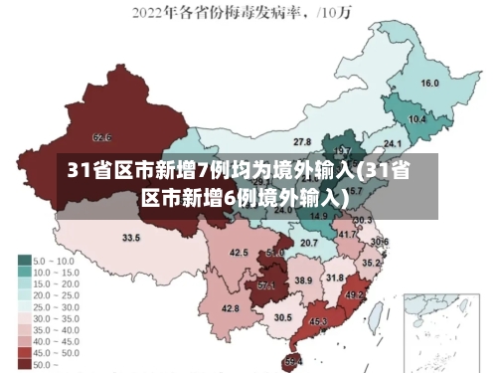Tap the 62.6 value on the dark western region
pyautogui.click(x=101, y=136)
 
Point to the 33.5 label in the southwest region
pyautogui.click(x=131, y=238)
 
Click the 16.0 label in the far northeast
pyautogui.click(x=430, y=84)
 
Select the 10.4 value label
pyautogui.click(x=417, y=119)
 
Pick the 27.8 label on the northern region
pyautogui.click(x=302, y=142)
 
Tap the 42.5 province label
pyautogui.click(x=239, y=253)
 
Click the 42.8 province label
pyautogui.click(x=230, y=309)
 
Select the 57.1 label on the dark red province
pyautogui.click(x=266, y=285)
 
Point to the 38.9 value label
pyautogui.click(x=303, y=281)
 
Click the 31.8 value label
pyautogui.click(x=335, y=278)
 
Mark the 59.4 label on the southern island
pyautogui.click(x=292, y=360)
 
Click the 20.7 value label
pyautogui.click(x=309, y=243)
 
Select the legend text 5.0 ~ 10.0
pyautogui.click(x=56, y=260)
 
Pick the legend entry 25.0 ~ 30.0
pyautogui.click(x=57, y=307)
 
